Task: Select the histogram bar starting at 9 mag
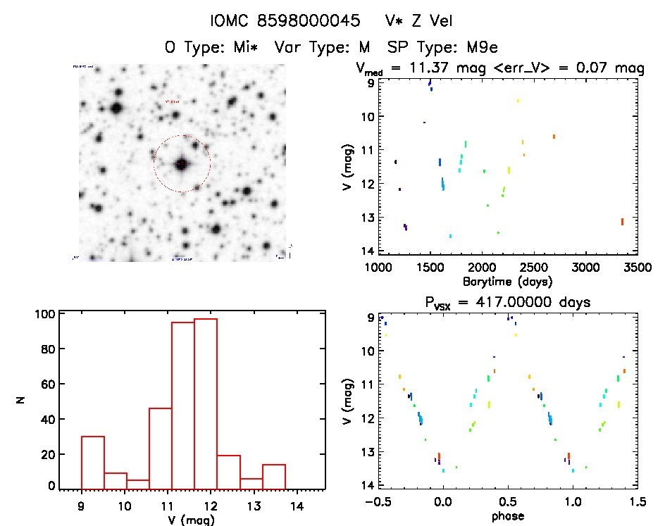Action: [x=93, y=462]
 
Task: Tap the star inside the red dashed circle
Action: [x=182, y=164]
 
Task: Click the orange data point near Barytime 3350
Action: [x=622, y=222]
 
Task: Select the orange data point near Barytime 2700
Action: [x=554, y=137]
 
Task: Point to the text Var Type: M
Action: [x=323, y=48]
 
